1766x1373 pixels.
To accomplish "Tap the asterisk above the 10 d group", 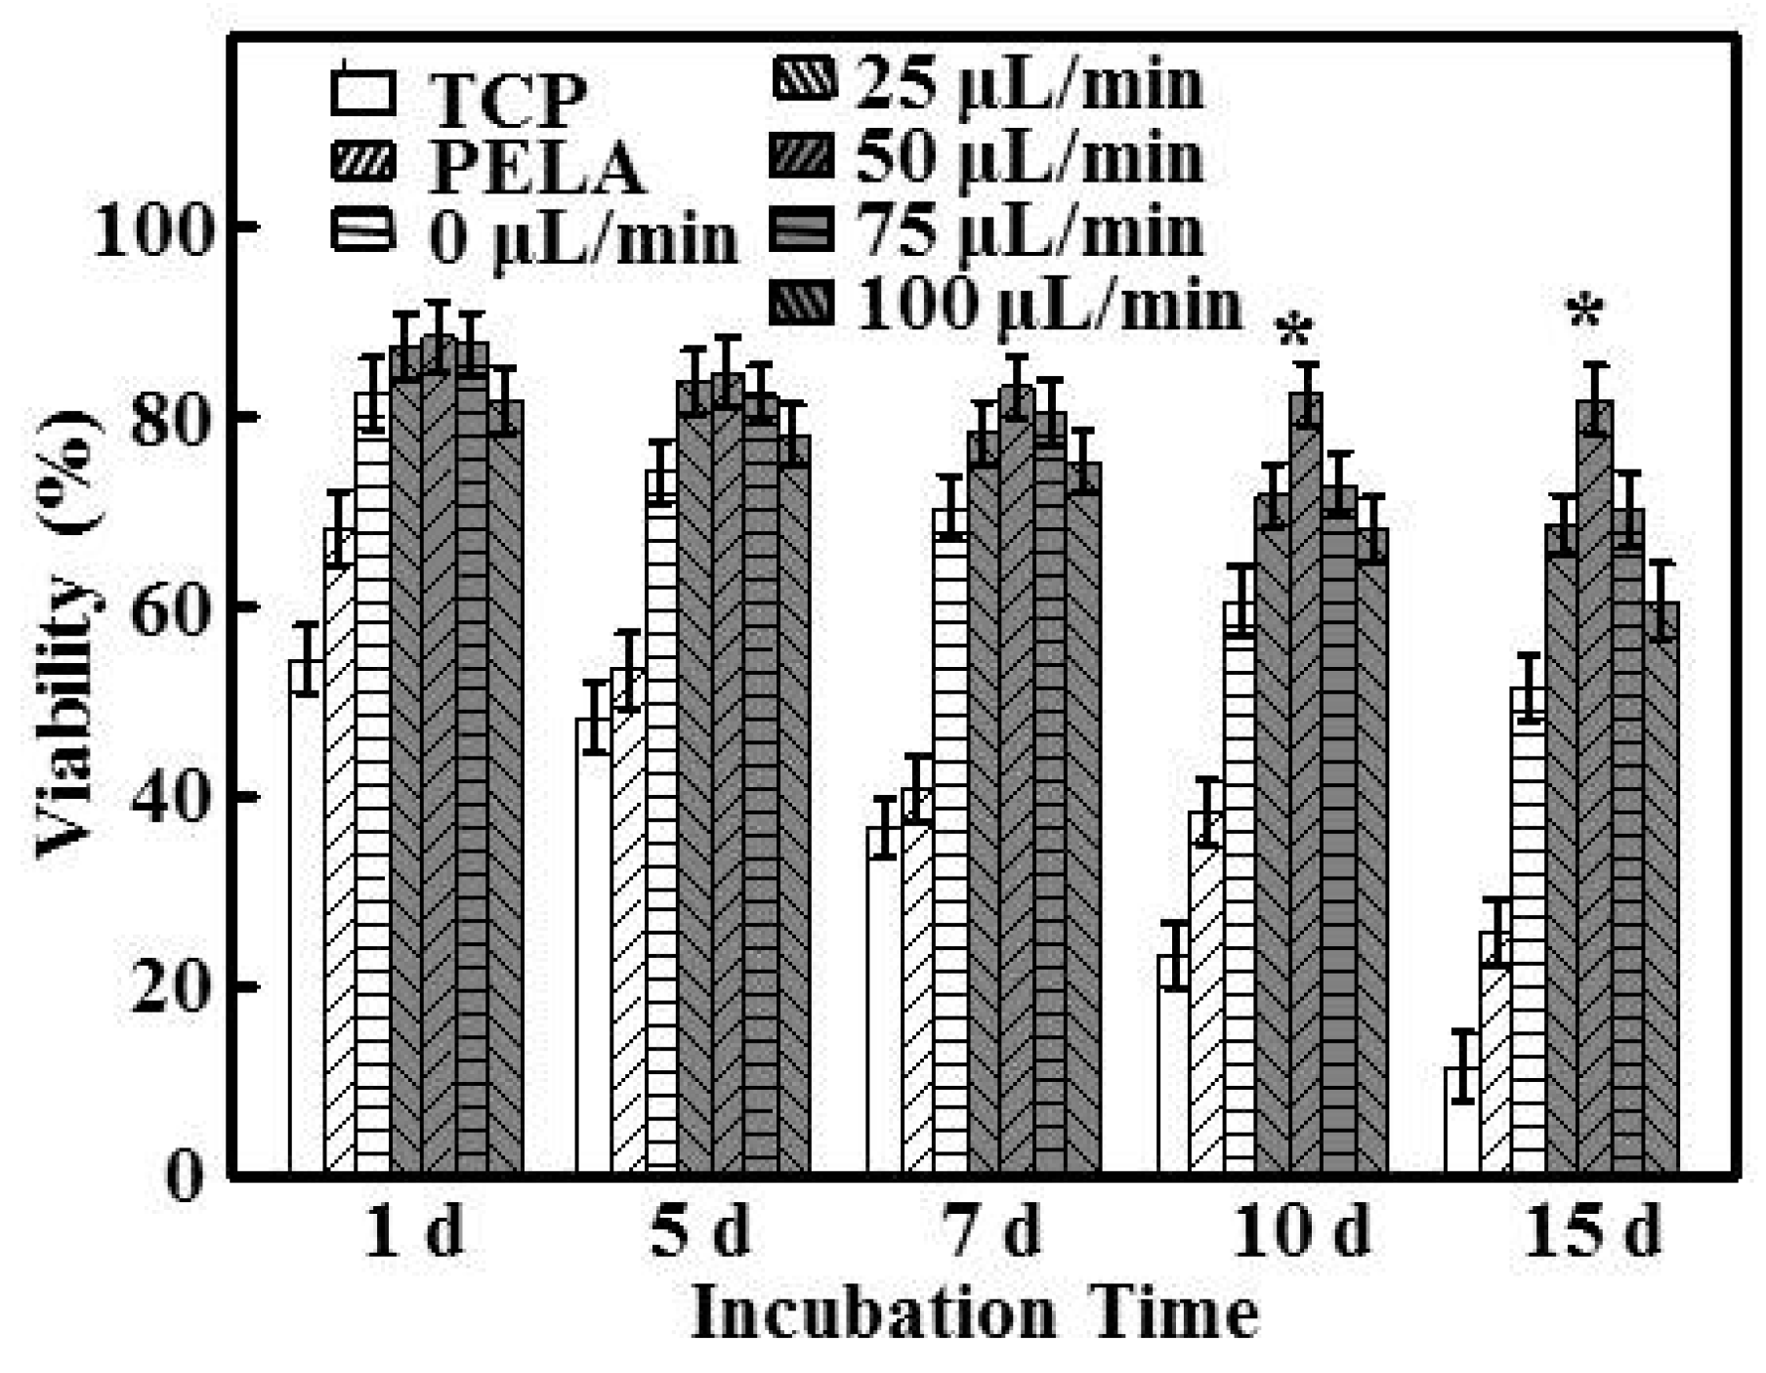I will click(x=1294, y=333).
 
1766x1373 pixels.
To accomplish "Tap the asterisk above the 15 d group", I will click(x=1584, y=314).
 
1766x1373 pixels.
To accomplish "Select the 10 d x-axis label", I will click(x=1300, y=1232).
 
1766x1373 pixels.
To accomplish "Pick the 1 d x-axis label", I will click(x=412, y=1232).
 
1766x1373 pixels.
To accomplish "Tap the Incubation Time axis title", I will click(x=974, y=1314).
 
